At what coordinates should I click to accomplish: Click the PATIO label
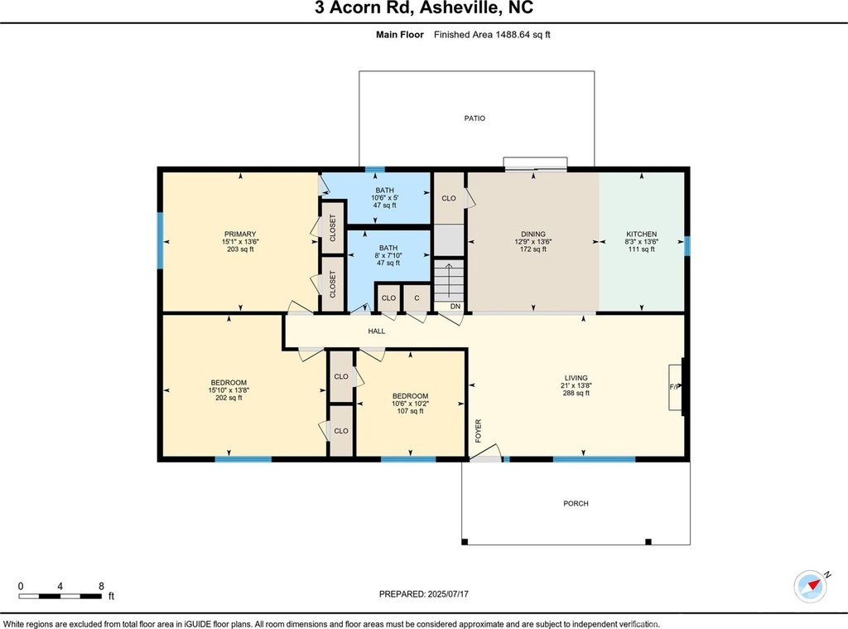click(475, 118)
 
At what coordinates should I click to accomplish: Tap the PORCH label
click(576, 503)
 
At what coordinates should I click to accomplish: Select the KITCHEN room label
click(642, 235)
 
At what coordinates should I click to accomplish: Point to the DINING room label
click(533, 235)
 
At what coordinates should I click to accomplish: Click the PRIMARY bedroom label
click(240, 235)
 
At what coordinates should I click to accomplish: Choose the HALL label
click(377, 331)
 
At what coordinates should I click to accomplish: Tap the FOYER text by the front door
click(478, 431)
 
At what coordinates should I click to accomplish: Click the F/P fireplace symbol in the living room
click(675, 387)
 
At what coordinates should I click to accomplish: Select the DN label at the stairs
click(455, 307)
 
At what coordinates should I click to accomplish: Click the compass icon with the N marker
click(810, 586)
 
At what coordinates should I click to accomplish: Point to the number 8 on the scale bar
click(101, 586)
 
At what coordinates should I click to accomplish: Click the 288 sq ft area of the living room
click(576, 393)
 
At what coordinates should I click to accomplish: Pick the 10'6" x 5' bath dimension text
click(384, 198)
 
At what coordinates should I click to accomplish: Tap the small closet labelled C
click(417, 298)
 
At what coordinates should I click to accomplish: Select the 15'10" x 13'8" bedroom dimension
click(229, 390)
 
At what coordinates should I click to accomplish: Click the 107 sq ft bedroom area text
click(411, 411)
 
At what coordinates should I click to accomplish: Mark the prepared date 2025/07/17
click(448, 594)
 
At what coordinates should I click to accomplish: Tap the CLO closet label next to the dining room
click(449, 198)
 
